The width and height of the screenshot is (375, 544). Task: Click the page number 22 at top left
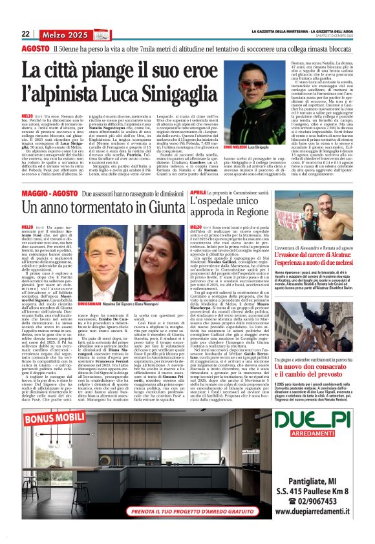(x=26, y=34)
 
